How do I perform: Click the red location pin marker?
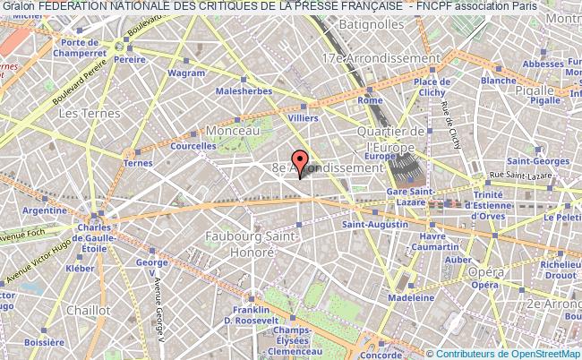point(300,158)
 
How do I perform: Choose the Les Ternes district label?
point(80,114)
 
